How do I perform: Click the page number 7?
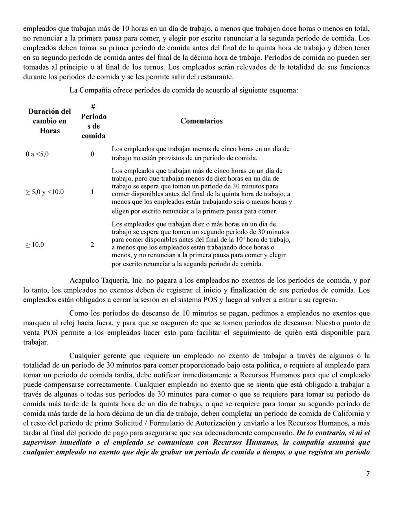coord(368,473)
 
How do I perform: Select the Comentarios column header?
coord(201,121)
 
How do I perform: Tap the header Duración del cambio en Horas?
coord(50,121)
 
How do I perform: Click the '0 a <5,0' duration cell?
coord(37,154)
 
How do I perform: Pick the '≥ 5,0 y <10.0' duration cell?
coord(45,192)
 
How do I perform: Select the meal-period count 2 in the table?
coord(92,245)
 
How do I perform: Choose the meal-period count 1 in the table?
coord(92,192)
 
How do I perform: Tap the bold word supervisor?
coord(40,442)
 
